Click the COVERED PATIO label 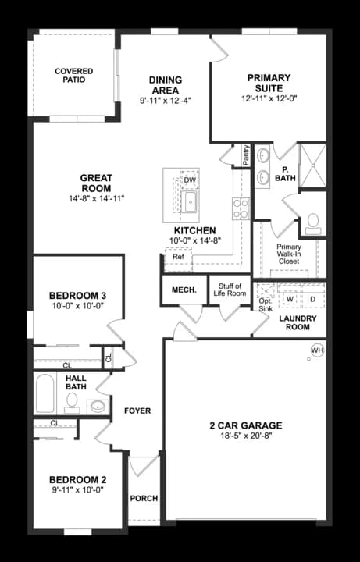(x=73, y=76)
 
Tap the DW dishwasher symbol (x=189, y=180)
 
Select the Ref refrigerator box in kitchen (x=178, y=257)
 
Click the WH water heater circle (x=317, y=350)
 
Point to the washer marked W (x=290, y=299)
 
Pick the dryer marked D (x=312, y=299)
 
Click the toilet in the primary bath (x=313, y=222)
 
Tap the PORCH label (x=144, y=498)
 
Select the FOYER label (x=137, y=411)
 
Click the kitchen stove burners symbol (x=240, y=208)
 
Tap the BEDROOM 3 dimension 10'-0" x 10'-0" (x=77, y=308)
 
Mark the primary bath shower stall (x=312, y=165)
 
